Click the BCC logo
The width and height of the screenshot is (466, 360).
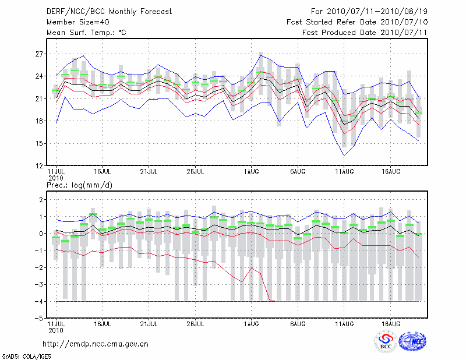coord(386,341)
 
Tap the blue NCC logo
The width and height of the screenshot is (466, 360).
coord(412,341)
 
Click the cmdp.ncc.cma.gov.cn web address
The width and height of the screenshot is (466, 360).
coord(96,344)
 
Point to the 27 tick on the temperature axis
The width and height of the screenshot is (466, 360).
coord(39,54)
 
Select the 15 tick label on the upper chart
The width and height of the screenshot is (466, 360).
coord(39,143)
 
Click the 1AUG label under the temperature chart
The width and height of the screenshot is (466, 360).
coord(252,171)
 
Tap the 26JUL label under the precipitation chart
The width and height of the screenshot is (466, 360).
coord(195,324)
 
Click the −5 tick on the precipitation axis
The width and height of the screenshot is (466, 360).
coord(38,319)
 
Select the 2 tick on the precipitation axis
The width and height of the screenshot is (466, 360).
coord(41,199)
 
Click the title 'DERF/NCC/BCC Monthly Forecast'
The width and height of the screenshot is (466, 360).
coord(109,12)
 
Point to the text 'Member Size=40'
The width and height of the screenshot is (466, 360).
coord(78,22)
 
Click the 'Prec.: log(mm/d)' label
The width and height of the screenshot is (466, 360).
coord(79,185)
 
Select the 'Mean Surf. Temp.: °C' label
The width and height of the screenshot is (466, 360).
coord(86,33)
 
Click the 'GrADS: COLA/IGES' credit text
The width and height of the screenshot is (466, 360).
coord(26,357)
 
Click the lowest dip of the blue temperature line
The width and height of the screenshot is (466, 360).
coord(344,155)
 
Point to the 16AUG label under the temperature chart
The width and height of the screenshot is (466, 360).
coord(391,171)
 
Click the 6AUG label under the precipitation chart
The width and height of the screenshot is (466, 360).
coord(298,324)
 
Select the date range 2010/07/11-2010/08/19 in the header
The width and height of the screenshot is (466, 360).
coord(377,12)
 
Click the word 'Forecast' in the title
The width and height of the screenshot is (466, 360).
coord(156,12)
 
